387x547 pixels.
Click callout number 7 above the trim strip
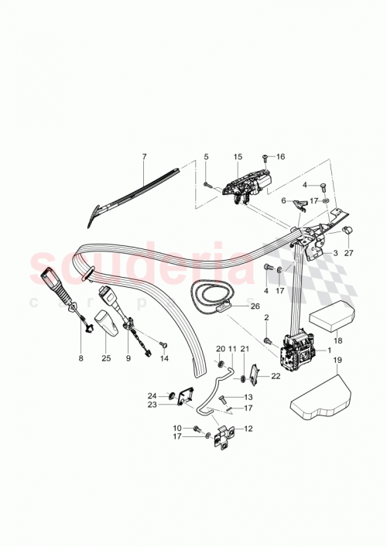point(143,157)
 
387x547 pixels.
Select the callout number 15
point(238,157)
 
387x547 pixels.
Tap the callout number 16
point(281,156)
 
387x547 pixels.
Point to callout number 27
point(348,252)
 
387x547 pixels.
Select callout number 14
point(164,360)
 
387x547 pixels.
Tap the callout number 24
point(152,396)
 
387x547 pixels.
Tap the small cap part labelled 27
point(348,230)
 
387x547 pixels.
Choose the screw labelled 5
point(207,184)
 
